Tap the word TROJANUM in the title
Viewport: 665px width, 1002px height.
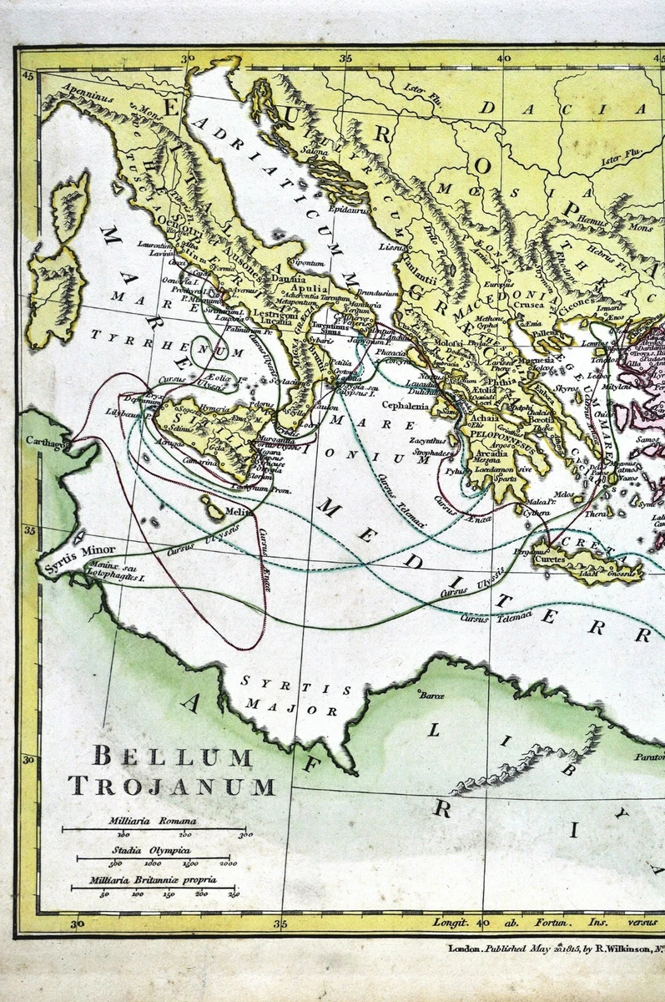(172, 787)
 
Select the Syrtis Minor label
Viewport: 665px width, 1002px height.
(71, 550)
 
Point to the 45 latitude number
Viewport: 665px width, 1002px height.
(29, 77)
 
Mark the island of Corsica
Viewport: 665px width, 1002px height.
(72, 200)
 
